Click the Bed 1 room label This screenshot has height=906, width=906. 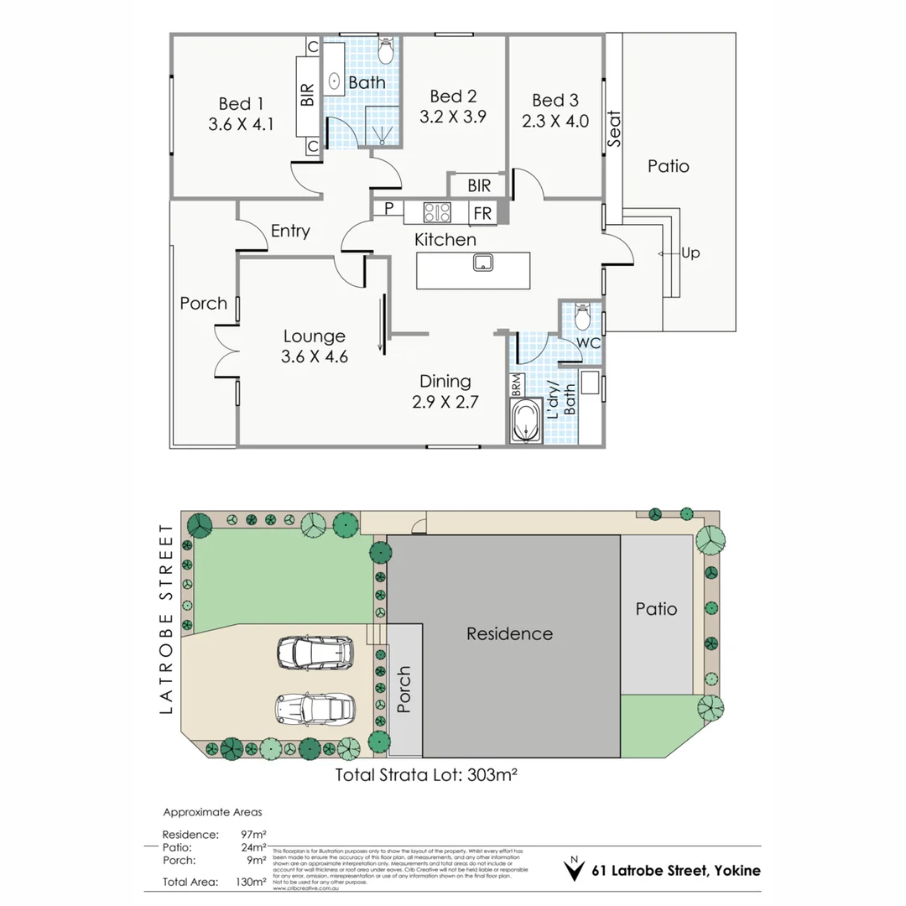coord(241,104)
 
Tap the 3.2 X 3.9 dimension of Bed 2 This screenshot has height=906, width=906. coord(453,117)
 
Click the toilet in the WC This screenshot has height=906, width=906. coord(583,317)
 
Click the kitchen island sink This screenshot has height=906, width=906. coord(483,263)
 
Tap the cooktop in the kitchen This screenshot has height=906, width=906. coord(437,212)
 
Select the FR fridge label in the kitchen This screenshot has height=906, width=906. coord(482,213)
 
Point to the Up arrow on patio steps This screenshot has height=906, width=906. coord(669,253)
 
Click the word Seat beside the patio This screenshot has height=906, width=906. coord(614,130)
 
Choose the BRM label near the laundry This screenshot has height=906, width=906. coord(516,387)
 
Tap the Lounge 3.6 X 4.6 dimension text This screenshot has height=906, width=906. coord(314,356)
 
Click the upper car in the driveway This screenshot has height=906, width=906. coord(315,652)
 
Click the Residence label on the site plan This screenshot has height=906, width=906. coord(509,633)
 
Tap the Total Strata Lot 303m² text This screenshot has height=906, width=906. coord(425,774)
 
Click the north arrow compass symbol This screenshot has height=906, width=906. coord(574,869)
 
